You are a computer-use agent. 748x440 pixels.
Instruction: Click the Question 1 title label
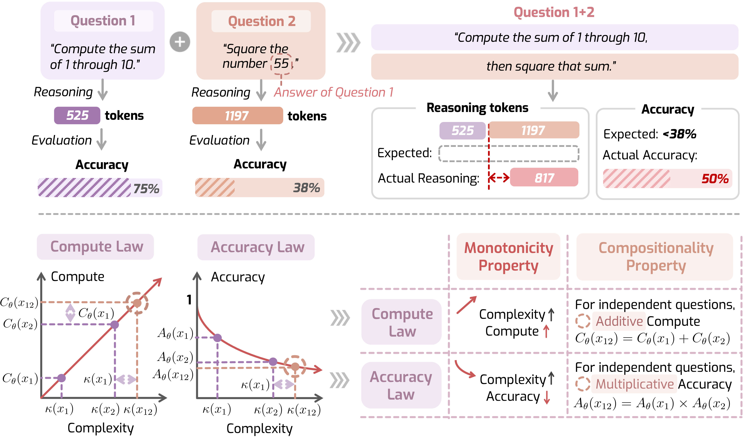pyautogui.click(x=103, y=21)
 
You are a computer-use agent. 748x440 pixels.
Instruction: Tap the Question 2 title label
pyautogui.click(x=261, y=21)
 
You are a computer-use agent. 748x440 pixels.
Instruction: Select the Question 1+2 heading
pyautogui.click(x=554, y=12)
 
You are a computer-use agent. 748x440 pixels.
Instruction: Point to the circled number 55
pyautogui.click(x=281, y=63)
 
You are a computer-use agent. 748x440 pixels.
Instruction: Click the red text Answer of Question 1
pyautogui.click(x=334, y=92)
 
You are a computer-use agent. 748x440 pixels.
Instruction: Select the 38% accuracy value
pyautogui.click(x=306, y=188)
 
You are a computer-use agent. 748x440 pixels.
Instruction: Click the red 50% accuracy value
pyautogui.click(x=715, y=179)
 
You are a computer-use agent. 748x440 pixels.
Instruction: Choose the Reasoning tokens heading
pyautogui.click(x=477, y=108)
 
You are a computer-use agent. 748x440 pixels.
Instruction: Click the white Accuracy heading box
pyautogui.click(x=668, y=109)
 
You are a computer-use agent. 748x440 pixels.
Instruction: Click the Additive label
pyautogui.click(x=619, y=321)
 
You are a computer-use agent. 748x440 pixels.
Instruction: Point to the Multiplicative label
pyautogui.click(x=634, y=384)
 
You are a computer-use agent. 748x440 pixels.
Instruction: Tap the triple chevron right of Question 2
pyautogui.click(x=348, y=43)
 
